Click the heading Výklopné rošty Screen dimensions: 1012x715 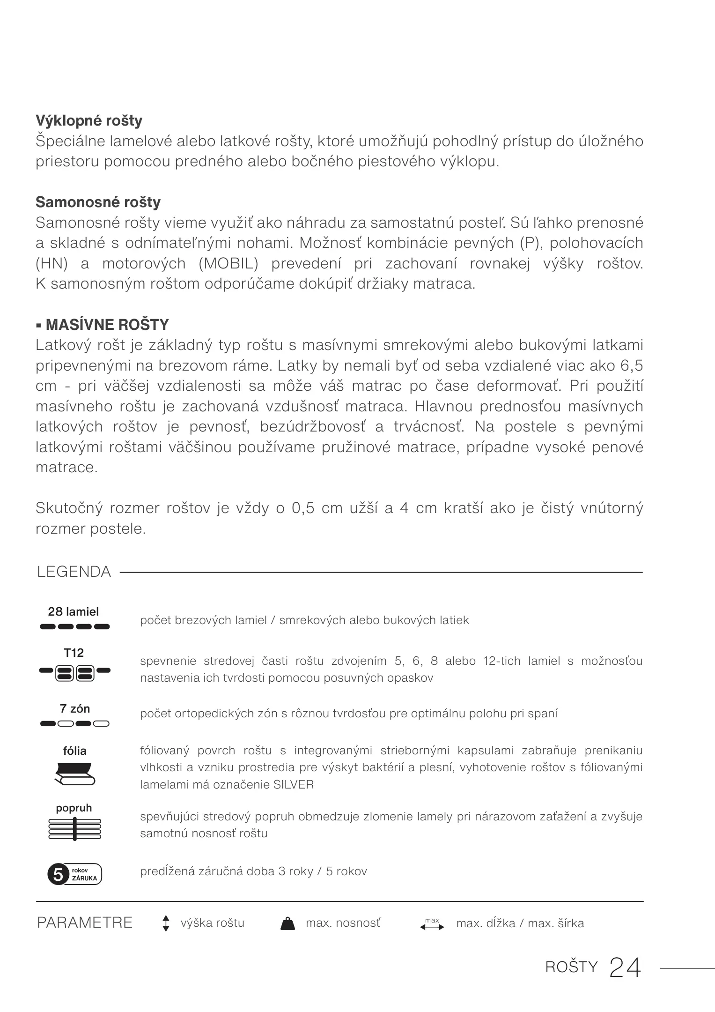89,121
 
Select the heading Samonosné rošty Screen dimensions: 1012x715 98,202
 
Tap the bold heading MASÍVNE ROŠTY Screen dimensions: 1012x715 107,325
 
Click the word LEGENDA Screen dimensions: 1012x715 74,572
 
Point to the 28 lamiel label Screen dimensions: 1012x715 74,611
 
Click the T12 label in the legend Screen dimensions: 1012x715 74,653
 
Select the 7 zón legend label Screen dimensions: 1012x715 75,709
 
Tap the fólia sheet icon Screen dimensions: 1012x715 75,774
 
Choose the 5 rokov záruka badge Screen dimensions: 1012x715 74,874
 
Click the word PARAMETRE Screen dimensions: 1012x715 85,923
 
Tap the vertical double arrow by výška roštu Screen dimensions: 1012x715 165,923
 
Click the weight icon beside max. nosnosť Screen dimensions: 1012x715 287,923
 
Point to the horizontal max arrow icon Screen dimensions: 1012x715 432,924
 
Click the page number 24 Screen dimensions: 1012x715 625,967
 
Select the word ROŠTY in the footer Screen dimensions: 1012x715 572,967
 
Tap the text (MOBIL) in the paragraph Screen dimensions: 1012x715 229,264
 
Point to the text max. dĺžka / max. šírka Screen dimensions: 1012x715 520,923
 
